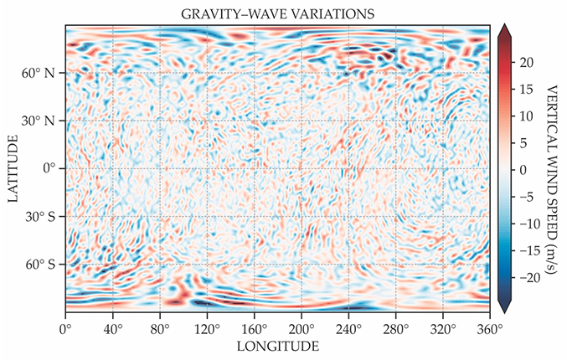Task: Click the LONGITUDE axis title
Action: click(x=277, y=346)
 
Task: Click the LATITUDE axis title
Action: click(x=12, y=168)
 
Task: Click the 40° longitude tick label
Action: click(x=112, y=328)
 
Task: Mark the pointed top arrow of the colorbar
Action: click(x=505, y=31)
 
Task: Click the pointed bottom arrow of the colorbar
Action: click(x=505, y=307)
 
